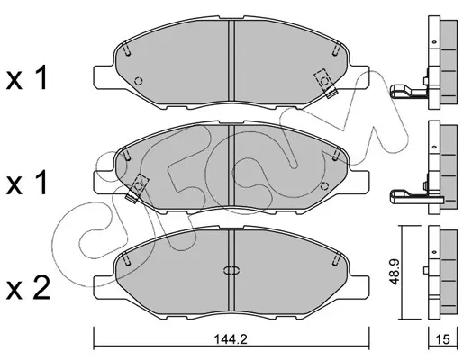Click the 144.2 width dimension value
click(x=231, y=339)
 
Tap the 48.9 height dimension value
click(x=394, y=273)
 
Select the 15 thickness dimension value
click(x=443, y=339)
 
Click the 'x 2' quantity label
click(x=28, y=288)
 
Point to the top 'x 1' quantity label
click(x=27, y=78)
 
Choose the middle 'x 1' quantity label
click(x=27, y=183)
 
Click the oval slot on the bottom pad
click(x=231, y=270)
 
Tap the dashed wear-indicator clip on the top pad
click(x=325, y=83)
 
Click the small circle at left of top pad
click(x=139, y=81)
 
